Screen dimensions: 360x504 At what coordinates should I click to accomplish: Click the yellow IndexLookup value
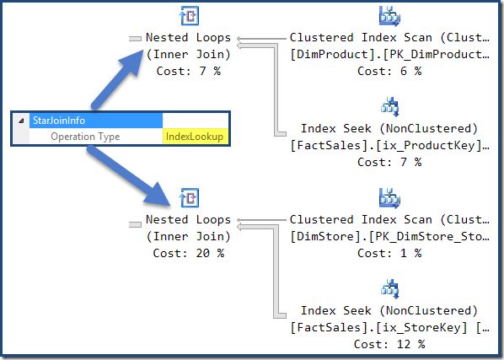click(x=194, y=137)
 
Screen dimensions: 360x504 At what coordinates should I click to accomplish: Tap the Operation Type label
click(x=85, y=137)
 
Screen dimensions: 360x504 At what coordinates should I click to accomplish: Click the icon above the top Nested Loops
click(x=190, y=17)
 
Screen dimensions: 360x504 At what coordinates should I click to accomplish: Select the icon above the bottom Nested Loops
click(x=190, y=198)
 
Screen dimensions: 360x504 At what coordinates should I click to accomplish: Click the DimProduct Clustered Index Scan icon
click(x=389, y=16)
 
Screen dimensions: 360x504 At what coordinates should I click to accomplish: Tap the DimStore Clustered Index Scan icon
click(x=389, y=197)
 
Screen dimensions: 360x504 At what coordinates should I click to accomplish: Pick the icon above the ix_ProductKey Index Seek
click(x=389, y=107)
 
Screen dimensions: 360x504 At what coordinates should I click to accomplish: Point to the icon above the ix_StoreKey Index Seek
click(x=389, y=289)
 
